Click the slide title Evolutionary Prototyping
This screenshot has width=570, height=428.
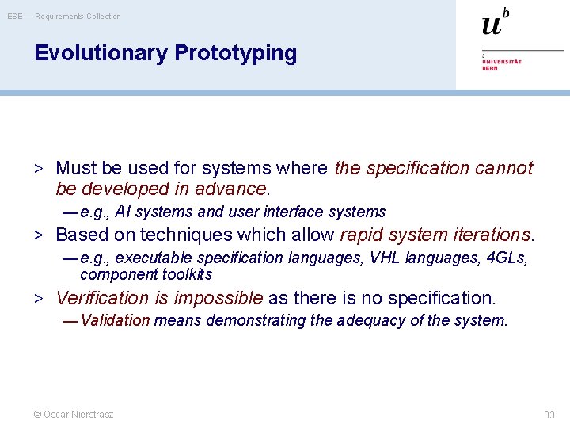(165, 53)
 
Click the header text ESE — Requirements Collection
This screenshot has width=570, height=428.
(64, 16)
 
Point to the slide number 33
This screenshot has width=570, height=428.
(549, 415)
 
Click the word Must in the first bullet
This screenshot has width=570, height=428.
(75, 168)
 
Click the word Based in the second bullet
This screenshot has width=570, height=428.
(80, 235)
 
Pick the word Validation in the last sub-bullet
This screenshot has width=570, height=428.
(116, 320)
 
